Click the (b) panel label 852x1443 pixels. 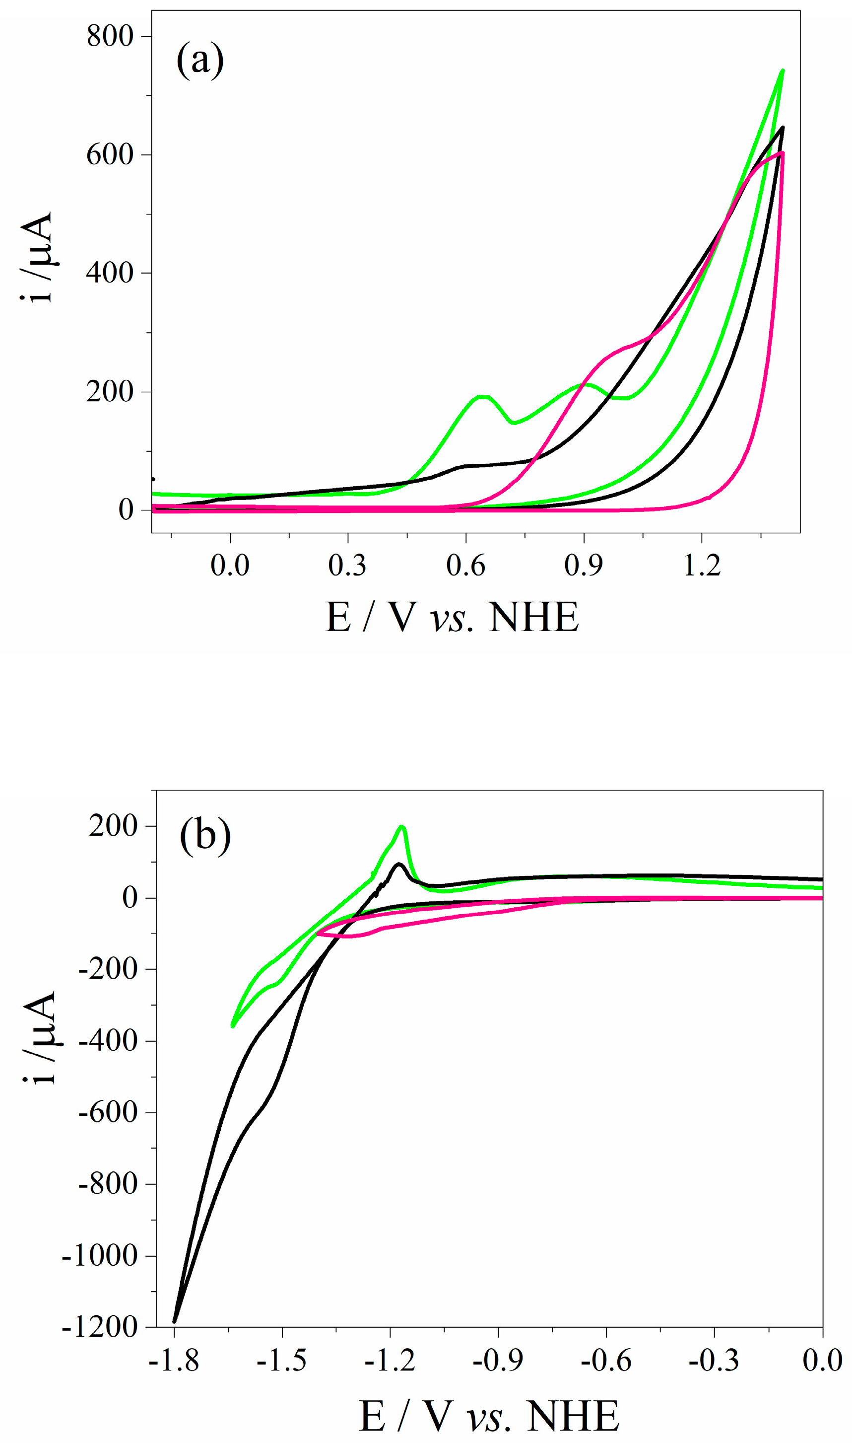pyautogui.click(x=205, y=836)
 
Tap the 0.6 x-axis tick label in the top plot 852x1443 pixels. pyautogui.click(x=465, y=566)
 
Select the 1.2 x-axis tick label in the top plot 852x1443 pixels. pyautogui.click(x=701, y=566)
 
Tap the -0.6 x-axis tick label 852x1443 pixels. pyautogui.click(x=606, y=1362)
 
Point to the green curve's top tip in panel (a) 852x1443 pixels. pyautogui.click(x=783, y=71)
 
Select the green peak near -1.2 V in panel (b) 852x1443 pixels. pyautogui.click(x=402, y=827)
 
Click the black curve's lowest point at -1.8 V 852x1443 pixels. pyautogui.click(x=175, y=1322)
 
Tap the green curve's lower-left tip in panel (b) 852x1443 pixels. pyautogui.click(x=233, y=1025)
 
